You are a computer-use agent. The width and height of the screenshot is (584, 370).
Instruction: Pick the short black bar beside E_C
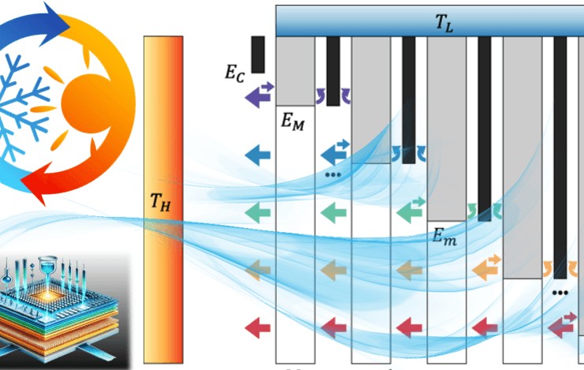258,54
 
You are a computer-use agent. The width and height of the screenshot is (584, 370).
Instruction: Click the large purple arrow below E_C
258,96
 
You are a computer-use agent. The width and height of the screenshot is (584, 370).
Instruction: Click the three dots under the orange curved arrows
560,293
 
